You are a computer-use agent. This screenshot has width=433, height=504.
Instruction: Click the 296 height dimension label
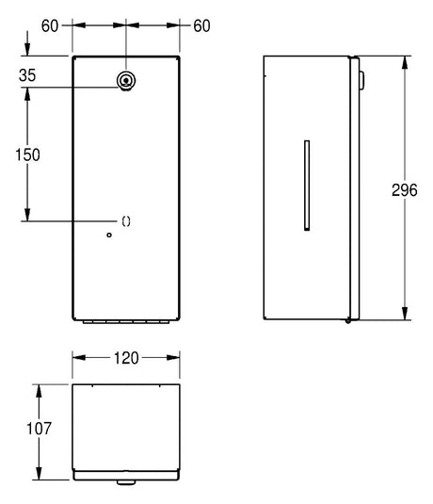pos(405,190)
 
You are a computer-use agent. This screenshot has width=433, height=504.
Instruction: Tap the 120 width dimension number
pos(126,358)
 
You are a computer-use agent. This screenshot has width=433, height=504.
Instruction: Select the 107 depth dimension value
pos(39,429)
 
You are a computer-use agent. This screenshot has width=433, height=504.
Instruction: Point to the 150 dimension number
pos(27,154)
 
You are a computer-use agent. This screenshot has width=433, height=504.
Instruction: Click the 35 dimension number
pos(27,75)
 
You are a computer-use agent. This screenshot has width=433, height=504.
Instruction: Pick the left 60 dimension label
pos(50,26)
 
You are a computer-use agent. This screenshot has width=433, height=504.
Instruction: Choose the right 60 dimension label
pos(201,26)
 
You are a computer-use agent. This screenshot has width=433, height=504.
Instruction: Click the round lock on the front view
pos(126,80)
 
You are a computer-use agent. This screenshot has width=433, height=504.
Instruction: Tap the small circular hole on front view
pos(109,235)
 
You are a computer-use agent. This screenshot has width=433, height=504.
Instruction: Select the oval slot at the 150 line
pos(126,221)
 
